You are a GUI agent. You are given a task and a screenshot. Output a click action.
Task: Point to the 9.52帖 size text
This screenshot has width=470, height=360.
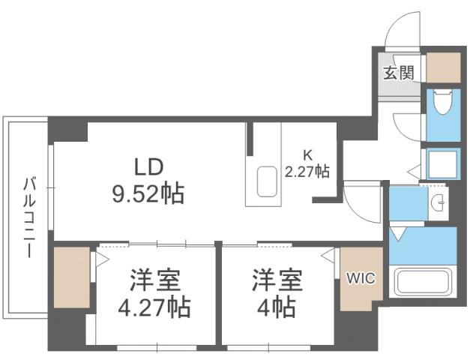tap(148, 195)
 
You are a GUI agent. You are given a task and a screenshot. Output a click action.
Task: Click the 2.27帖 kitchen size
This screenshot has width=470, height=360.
tap(307, 171)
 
